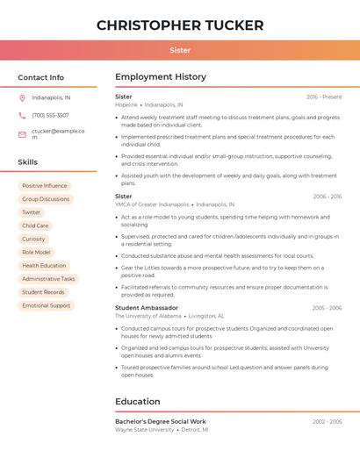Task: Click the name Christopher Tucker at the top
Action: pyautogui.click(x=180, y=25)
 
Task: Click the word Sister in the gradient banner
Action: pyautogui.click(x=180, y=50)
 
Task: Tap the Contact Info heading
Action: pyautogui.click(x=41, y=77)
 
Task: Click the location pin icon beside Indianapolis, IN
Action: pyautogui.click(x=22, y=97)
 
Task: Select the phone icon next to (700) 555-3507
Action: pyautogui.click(x=22, y=115)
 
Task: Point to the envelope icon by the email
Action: pyautogui.click(x=22, y=134)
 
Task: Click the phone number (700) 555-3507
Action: pyautogui.click(x=50, y=115)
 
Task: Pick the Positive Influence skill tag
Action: pyautogui.click(x=45, y=186)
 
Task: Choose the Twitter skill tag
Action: pyautogui.click(x=32, y=212)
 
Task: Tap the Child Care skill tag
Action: pyautogui.click(x=35, y=225)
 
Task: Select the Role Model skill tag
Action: pyautogui.click(x=36, y=252)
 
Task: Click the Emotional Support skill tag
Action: pyautogui.click(x=47, y=305)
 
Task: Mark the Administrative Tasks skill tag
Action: pyautogui.click(x=49, y=279)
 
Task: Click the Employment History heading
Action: pyautogui.click(x=161, y=77)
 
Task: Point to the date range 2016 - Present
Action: pyautogui.click(x=324, y=97)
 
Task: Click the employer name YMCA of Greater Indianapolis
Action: pyautogui.click(x=152, y=204)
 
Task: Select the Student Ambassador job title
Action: pyautogui.click(x=147, y=308)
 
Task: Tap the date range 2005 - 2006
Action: pyautogui.click(x=326, y=308)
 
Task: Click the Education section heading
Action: pyautogui.click(x=138, y=402)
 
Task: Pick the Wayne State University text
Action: pyautogui.click(x=145, y=430)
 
